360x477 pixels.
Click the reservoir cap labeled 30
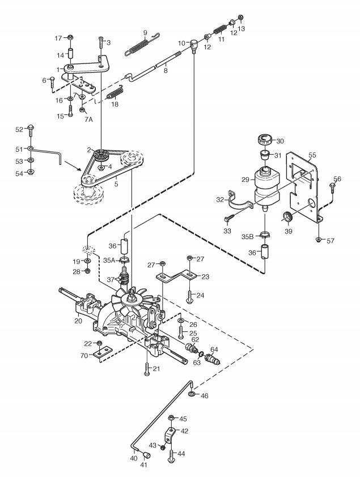pyautogui.click(x=264, y=140)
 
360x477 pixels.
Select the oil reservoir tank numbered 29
pyautogui.click(x=266, y=186)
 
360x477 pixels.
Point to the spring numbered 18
pyautogui.click(x=115, y=93)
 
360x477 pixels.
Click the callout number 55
pyautogui.click(x=312, y=155)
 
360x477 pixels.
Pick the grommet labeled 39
pyautogui.click(x=287, y=217)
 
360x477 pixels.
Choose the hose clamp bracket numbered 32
pyautogui.click(x=240, y=201)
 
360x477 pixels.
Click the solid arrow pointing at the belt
pyautogui.click(x=73, y=166)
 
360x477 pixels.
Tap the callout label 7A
pyautogui.click(x=88, y=119)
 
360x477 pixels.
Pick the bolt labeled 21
pyautogui.click(x=147, y=369)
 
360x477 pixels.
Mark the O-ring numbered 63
pyautogui.click(x=201, y=354)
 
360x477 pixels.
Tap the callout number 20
pyautogui.click(x=78, y=321)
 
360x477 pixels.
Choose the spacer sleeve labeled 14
pyautogui.click(x=70, y=54)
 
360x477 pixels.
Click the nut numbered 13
pyautogui.click(x=240, y=18)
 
